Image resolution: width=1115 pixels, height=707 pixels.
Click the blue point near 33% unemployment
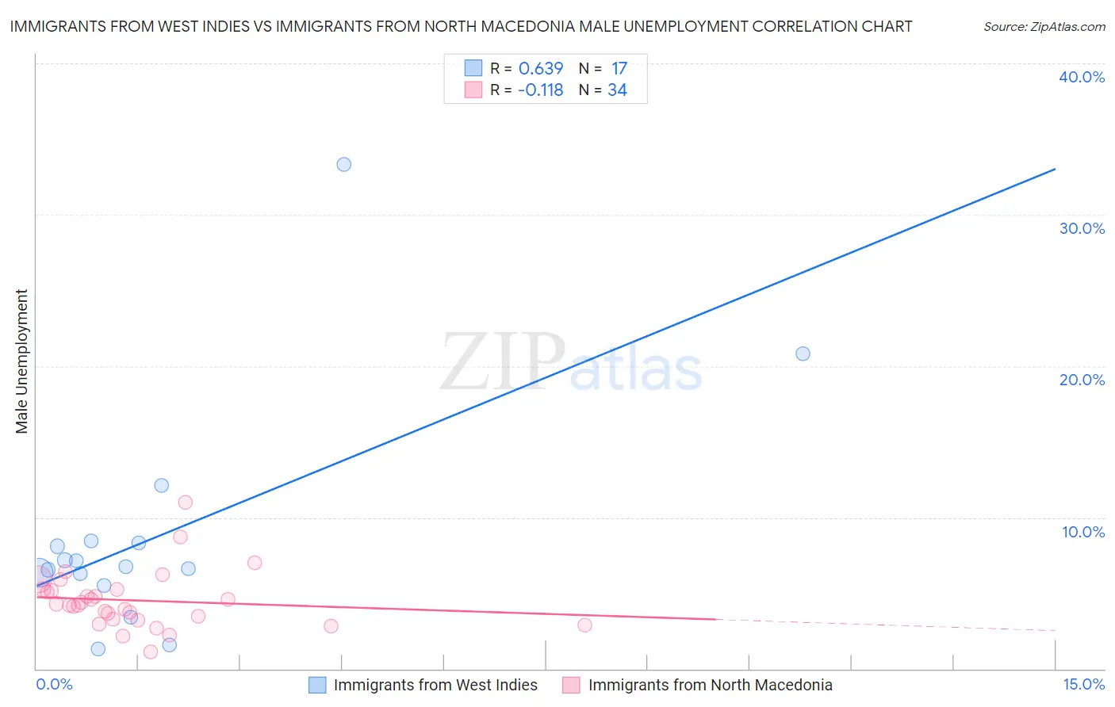click(x=343, y=165)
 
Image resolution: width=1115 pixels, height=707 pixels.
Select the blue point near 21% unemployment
click(x=803, y=353)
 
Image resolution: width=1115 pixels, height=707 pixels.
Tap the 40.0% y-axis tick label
click(x=1082, y=77)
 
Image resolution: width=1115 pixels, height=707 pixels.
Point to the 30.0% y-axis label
click(x=1082, y=228)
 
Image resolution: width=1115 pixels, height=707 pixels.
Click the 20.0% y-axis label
click(x=1082, y=380)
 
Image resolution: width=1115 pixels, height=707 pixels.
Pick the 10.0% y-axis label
click(x=1083, y=532)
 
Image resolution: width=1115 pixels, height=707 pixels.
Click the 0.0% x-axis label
click(x=54, y=684)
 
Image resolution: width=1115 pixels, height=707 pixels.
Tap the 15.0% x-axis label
click(x=1083, y=684)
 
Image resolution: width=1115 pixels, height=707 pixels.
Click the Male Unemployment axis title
click(x=22, y=361)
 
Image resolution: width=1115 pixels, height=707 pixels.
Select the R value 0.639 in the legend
click(x=540, y=69)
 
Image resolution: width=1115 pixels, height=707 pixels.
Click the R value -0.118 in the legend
click(x=540, y=90)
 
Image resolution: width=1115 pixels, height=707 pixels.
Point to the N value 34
click(x=617, y=90)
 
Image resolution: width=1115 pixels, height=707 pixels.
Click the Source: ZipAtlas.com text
click(x=1044, y=27)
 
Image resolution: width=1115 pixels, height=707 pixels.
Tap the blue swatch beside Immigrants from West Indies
click(x=317, y=685)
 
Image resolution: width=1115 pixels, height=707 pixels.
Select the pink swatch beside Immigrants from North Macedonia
click(x=571, y=685)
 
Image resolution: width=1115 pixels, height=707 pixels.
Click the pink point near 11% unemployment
click(x=186, y=502)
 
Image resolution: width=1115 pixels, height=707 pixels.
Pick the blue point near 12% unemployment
click(x=162, y=485)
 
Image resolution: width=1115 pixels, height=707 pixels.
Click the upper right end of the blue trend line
click(x=1055, y=169)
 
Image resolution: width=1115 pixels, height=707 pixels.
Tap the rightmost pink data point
click(x=584, y=625)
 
